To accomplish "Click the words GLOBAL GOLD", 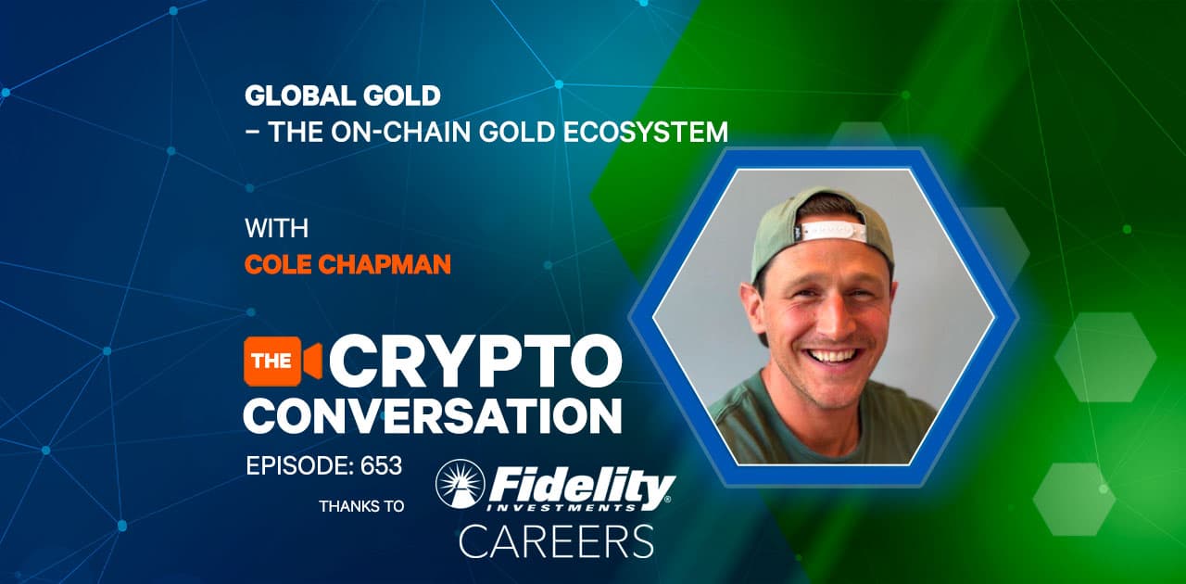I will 342,95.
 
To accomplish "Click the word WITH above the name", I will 276,227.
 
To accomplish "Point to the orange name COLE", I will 278,264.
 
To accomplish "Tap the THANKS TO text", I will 361,506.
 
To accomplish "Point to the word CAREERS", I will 556,541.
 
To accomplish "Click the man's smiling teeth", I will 832,354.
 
